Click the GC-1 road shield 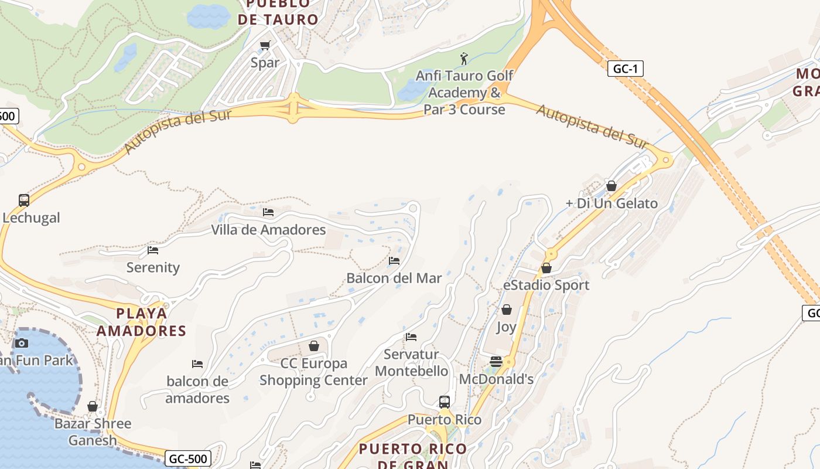click(625, 69)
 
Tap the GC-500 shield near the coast click(187, 458)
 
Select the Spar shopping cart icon click(265, 45)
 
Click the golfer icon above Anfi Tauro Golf click(464, 59)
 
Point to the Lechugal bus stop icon click(24, 200)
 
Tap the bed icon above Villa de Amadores click(268, 212)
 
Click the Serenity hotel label click(153, 267)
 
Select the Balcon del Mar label click(394, 278)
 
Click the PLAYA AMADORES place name click(141, 322)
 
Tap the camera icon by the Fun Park click(22, 343)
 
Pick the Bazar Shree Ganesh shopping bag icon click(92, 406)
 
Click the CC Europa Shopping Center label click(313, 372)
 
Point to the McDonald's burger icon click(496, 362)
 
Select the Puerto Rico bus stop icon click(445, 402)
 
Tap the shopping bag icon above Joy click(507, 310)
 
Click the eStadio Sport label click(546, 285)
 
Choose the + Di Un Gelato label click(611, 203)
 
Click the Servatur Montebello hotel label click(411, 363)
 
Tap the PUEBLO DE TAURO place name click(278, 12)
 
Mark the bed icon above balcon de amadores click(197, 364)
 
